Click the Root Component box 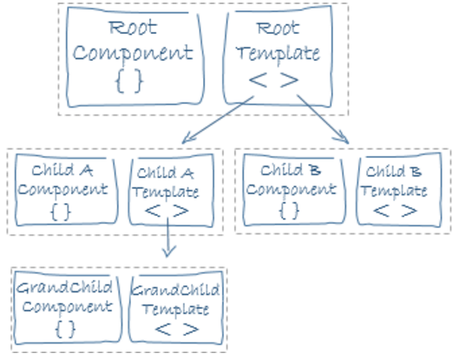point(135,56)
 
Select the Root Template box point(278,56)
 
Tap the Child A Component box point(67,190)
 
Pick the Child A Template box point(171,190)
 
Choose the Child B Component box point(294,190)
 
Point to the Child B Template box point(399,190)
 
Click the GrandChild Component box point(68,307)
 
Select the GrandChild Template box point(176,307)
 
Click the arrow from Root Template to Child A point(218,120)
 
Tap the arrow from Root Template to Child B point(323,119)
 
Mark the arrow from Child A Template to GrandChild point(167,238)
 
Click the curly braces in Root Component point(129,82)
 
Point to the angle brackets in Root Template point(273,80)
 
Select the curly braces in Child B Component point(289,211)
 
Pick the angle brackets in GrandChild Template point(177,330)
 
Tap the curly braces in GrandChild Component point(65,330)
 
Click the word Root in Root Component point(134,28)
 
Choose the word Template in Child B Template point(394,192)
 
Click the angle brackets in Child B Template point(395,211)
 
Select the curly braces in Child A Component point(61,212)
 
